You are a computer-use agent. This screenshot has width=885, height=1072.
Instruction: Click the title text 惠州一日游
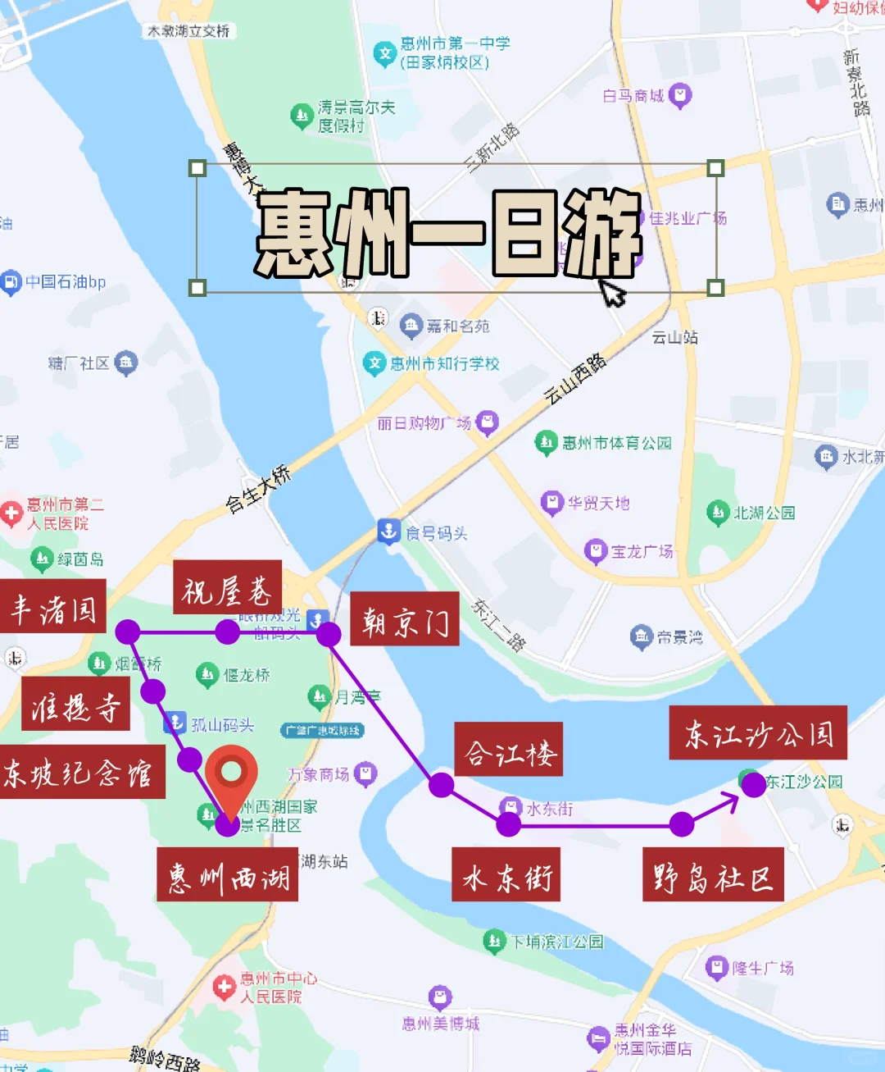449,232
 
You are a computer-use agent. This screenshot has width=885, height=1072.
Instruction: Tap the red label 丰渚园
53,606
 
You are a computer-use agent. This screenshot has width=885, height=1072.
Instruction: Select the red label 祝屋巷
227,588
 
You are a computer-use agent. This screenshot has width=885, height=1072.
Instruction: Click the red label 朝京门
405,619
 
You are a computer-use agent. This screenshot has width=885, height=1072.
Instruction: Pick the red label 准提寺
75,704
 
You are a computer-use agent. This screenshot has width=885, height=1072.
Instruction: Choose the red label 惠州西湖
228,875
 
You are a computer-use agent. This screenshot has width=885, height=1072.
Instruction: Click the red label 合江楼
509,749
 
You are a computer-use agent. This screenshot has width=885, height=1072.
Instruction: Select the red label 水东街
506,875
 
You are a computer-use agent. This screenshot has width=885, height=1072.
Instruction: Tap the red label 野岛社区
713,875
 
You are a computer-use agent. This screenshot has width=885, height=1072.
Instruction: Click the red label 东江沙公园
758,732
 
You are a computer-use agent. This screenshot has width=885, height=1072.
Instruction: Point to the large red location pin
231,775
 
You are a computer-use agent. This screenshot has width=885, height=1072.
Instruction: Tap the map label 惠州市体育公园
616,443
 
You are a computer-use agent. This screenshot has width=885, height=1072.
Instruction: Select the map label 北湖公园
763,513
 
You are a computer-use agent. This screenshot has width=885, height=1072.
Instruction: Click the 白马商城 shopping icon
680,96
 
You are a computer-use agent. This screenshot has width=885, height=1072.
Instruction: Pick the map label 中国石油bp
66,282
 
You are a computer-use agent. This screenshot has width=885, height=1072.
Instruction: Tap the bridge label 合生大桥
258,489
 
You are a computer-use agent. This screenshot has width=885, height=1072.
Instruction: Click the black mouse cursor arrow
612,290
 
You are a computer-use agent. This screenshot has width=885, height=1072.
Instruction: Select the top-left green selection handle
197,168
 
